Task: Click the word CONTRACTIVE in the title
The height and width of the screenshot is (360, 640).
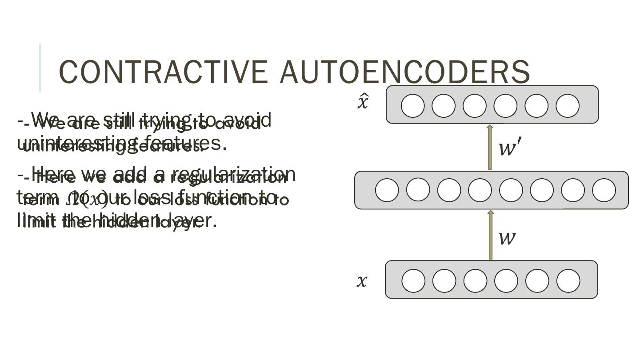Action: tap(163, 72)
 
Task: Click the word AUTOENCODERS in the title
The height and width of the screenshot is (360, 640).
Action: tap(405, 72)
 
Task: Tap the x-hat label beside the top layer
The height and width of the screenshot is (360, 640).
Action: tap(363, 101)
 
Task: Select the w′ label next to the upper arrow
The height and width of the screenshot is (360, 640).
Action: tap(509, 147)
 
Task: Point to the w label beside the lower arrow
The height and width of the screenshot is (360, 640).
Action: tap(507, 237)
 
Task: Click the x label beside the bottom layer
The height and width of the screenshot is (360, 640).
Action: tap(362, 281)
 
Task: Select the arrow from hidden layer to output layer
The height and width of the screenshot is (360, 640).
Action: tap(490, 147)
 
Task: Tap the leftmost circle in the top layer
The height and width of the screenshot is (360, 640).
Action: tap(412, 106)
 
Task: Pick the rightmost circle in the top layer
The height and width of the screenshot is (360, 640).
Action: tap(568, 106)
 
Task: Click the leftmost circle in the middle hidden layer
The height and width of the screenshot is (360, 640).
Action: tap(387, 190)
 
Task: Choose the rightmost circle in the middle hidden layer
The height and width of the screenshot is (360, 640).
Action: tap(604, 190)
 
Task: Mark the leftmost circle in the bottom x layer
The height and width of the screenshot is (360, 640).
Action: tap(413, 281)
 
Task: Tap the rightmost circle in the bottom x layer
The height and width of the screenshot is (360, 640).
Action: tap(568, 281)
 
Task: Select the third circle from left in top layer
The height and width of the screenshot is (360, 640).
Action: tap(475, 106)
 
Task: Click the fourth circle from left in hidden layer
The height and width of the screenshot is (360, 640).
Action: tap(480, 190)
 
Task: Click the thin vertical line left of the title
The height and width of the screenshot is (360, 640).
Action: tap(40, 68)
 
